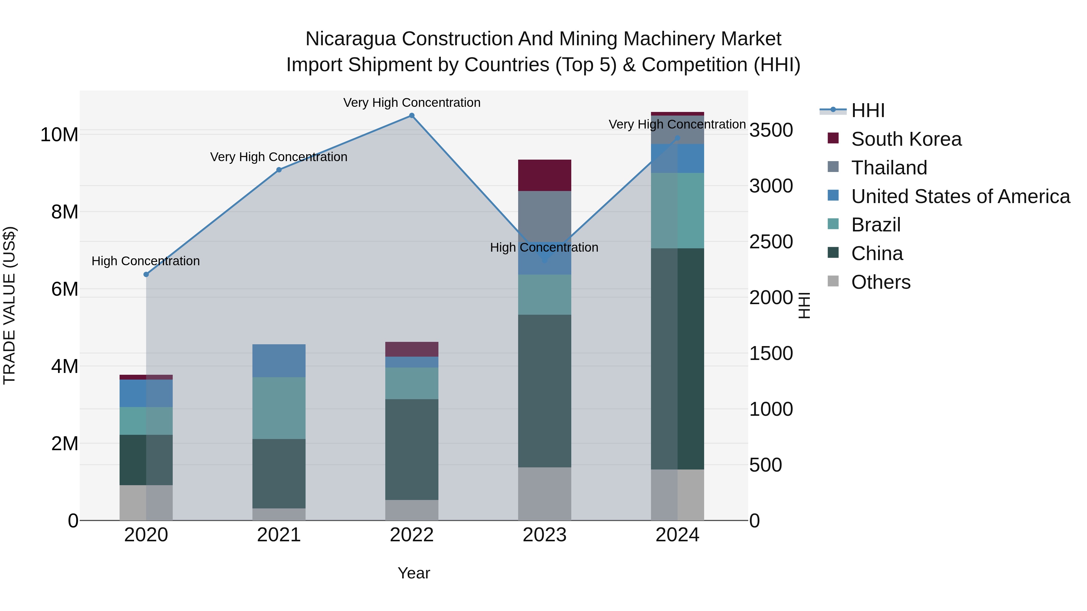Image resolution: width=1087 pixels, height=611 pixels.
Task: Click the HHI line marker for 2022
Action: click(x=412, y=116)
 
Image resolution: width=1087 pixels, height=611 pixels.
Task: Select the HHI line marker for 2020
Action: click(x=146, y=275)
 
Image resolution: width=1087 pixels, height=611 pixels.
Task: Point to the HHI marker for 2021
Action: click(x=279, y=170)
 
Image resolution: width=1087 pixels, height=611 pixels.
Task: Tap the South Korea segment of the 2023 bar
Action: click(x=544, y=175)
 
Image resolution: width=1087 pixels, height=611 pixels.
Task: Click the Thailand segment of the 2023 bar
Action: click(x=544, y=215)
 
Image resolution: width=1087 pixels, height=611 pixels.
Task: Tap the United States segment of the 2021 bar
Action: click(x=279, y=361)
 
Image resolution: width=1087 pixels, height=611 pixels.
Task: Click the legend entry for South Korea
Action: click(x=906, y=139)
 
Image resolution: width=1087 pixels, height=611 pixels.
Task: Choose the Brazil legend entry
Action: click(x=876, y=225)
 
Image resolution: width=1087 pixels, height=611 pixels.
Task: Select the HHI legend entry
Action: click(x=867, y=110)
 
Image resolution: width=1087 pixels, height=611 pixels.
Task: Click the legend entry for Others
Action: click(x=881, y=282)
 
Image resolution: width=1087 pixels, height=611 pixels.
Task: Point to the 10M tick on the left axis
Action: click(x=59, y=135)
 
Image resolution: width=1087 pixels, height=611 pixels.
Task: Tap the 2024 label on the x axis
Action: click(x=677, y=535)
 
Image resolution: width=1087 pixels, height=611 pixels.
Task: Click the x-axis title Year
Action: click(x=414, y=573)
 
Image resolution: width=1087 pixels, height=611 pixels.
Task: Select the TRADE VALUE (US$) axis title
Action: click(x=9, y=305)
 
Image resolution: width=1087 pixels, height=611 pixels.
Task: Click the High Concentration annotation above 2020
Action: click(x=146, y=261)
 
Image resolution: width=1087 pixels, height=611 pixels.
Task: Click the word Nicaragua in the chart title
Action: click(x=350, y=39)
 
